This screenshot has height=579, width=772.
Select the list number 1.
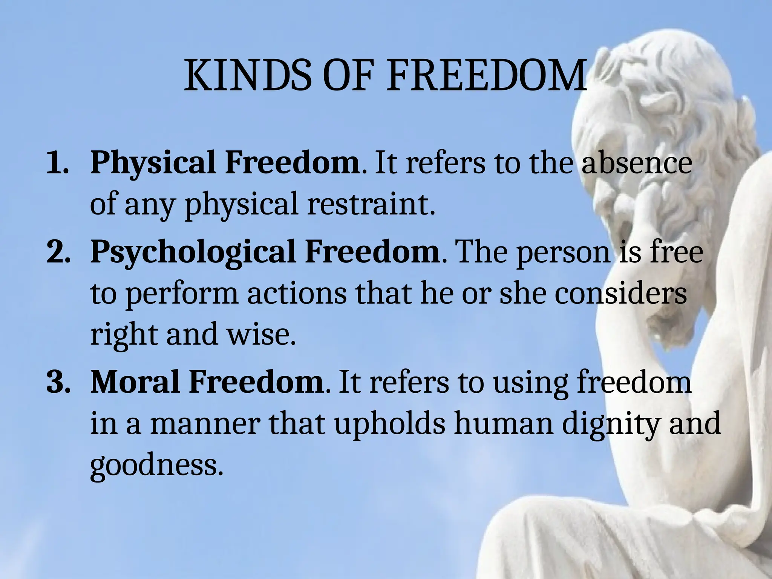(57, 163)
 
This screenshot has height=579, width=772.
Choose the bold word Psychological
(193, 253)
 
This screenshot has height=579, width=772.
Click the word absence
(637, 163)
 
